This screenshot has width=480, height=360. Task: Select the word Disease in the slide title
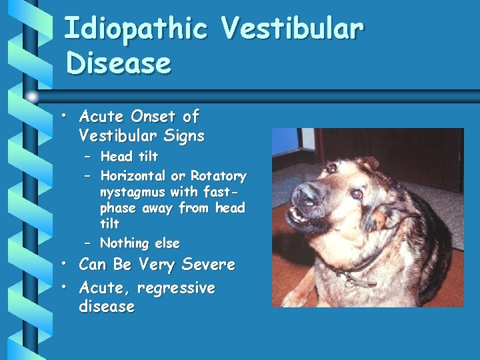point(119,64)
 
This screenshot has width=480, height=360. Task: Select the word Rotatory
point(218,177)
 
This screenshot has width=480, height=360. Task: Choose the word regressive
point(182,288)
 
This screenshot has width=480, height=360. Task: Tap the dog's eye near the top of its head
point(332,169)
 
